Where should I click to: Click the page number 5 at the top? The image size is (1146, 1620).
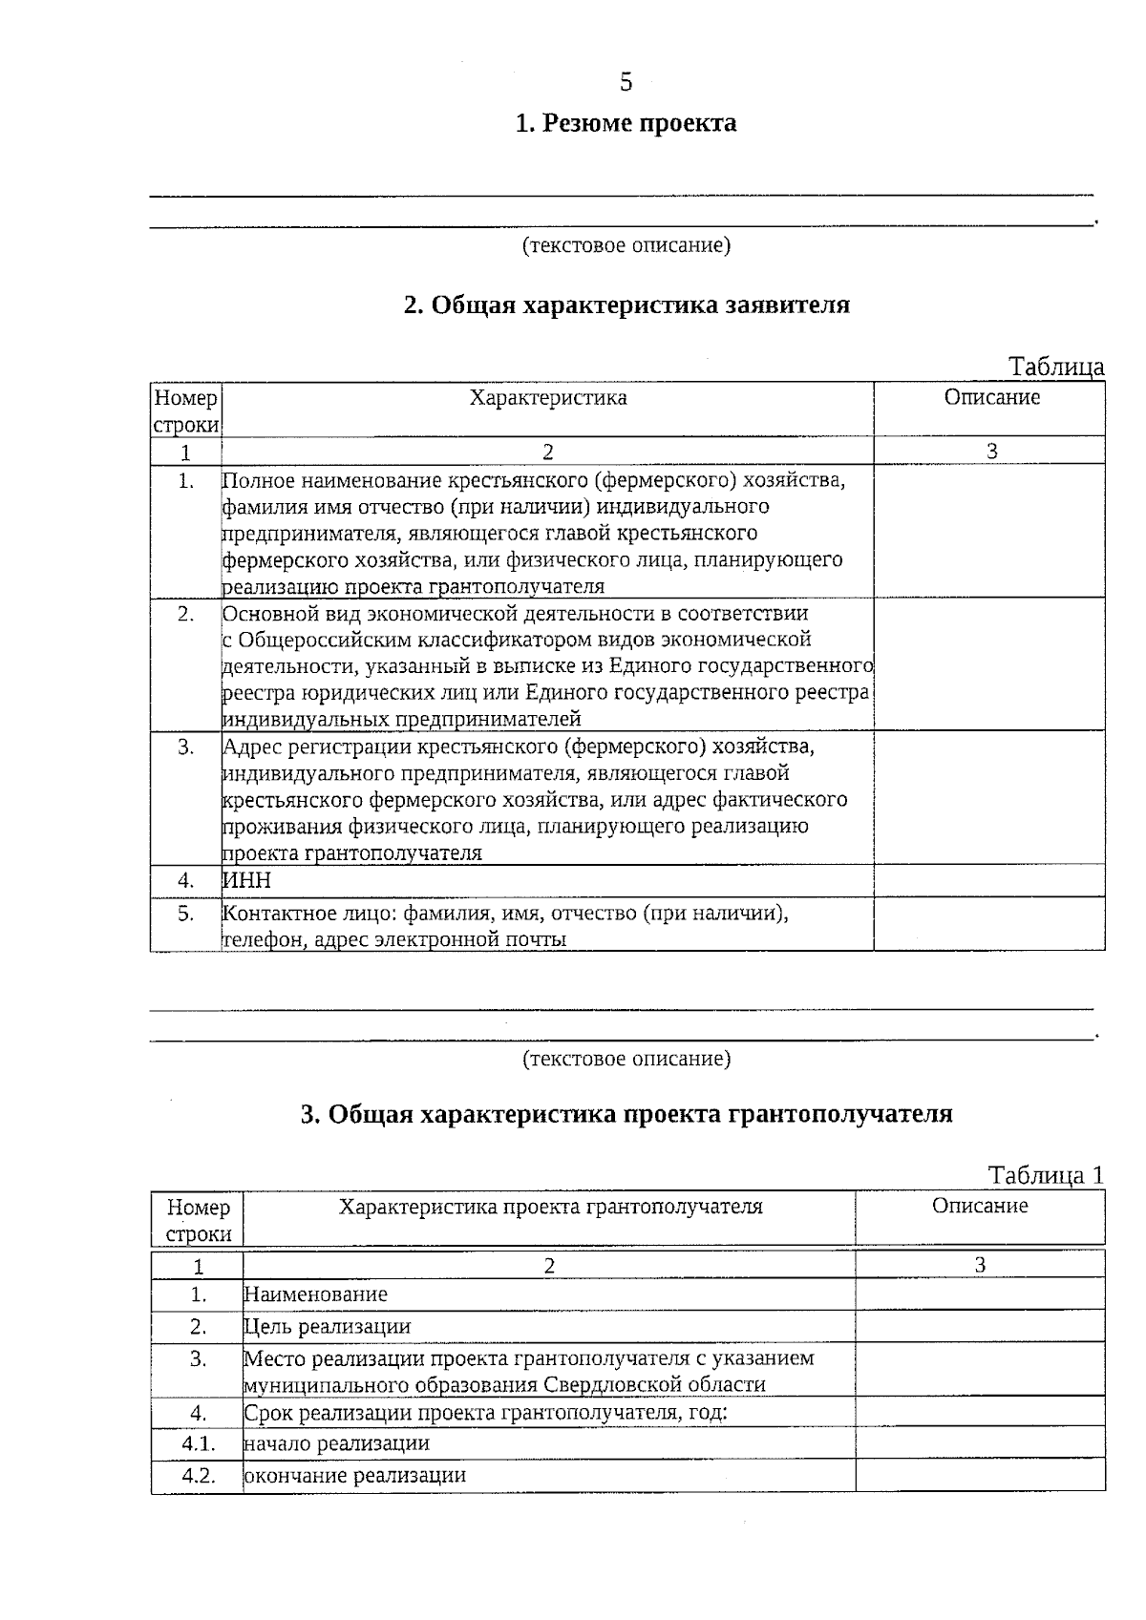pos(626,83)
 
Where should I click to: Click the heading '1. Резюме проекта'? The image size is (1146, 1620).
pos(626,124)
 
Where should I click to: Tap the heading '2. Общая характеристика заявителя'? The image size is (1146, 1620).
pos(626,305)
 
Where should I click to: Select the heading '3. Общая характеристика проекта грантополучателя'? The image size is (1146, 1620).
pos(626,1114)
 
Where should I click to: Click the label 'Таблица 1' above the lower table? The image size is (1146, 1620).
pos(1045,1175)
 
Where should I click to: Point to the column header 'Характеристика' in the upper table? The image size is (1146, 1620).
pos(547,398)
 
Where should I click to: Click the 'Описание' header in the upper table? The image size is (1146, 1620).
pos(991,398)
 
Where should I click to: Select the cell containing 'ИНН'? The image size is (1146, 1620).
pos(247,880)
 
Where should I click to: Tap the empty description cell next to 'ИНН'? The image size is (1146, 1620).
pos(988,880)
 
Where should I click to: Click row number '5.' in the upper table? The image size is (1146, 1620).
pos(185,914)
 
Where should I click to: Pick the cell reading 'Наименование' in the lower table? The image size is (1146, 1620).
pos(315,1294)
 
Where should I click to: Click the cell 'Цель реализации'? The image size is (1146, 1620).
pos(327,1326)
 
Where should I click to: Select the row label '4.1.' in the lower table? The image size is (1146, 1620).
pos(198,1443)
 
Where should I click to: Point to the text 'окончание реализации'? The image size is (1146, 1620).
pos(354,1475)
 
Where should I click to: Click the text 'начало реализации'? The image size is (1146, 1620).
pos(336,1443)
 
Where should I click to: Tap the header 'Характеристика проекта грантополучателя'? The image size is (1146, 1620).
pos(550,1207)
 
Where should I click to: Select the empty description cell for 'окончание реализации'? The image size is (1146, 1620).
pos(979,1475)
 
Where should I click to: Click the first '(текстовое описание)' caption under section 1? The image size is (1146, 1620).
pos(626,246)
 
